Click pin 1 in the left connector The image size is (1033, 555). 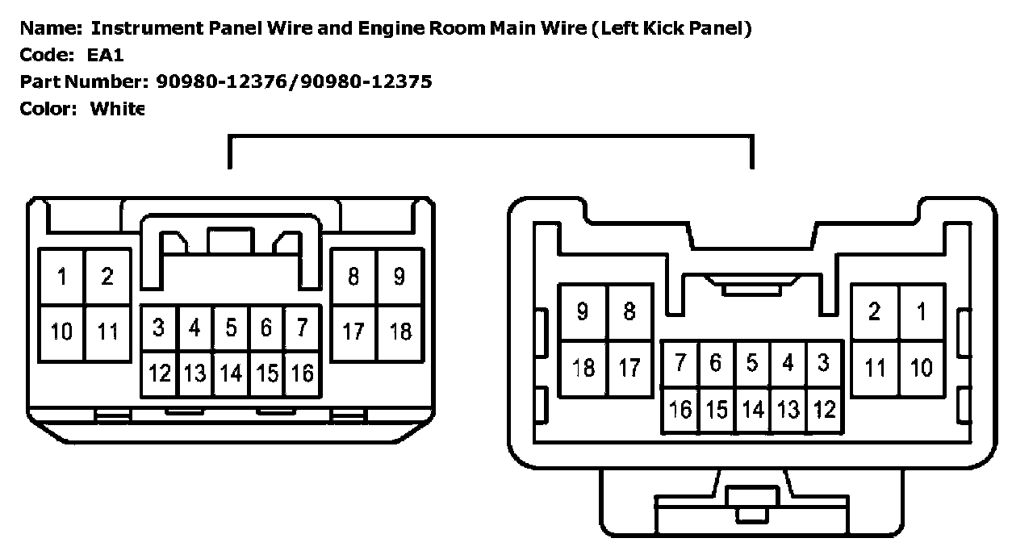click(x=62, y=277)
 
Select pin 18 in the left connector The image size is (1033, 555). click(x=400, y=331)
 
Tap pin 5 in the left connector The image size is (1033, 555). click(x=231, y=328)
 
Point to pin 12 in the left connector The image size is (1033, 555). click(x=160, y=373)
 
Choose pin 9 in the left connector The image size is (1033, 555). click(x=399, y=277)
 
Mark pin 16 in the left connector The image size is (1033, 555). click(x=303, y=373)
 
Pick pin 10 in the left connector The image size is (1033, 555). click(x=62, y=331)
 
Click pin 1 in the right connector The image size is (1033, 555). click(x=921, y=312)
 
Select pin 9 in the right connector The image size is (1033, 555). click(x=583, y=312)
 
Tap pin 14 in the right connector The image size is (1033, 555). click(x=752, y=410)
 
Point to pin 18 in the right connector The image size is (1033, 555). click(x=583, y=368)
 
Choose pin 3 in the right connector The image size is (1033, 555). click(x=823, y=363)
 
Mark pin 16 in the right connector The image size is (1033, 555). click(x=680, y=410)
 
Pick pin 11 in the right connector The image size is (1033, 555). click(x=875, y=368)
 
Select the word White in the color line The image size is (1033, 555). click(x=117, y=108)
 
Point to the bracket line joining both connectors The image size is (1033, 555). click(x=491, y=137)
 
